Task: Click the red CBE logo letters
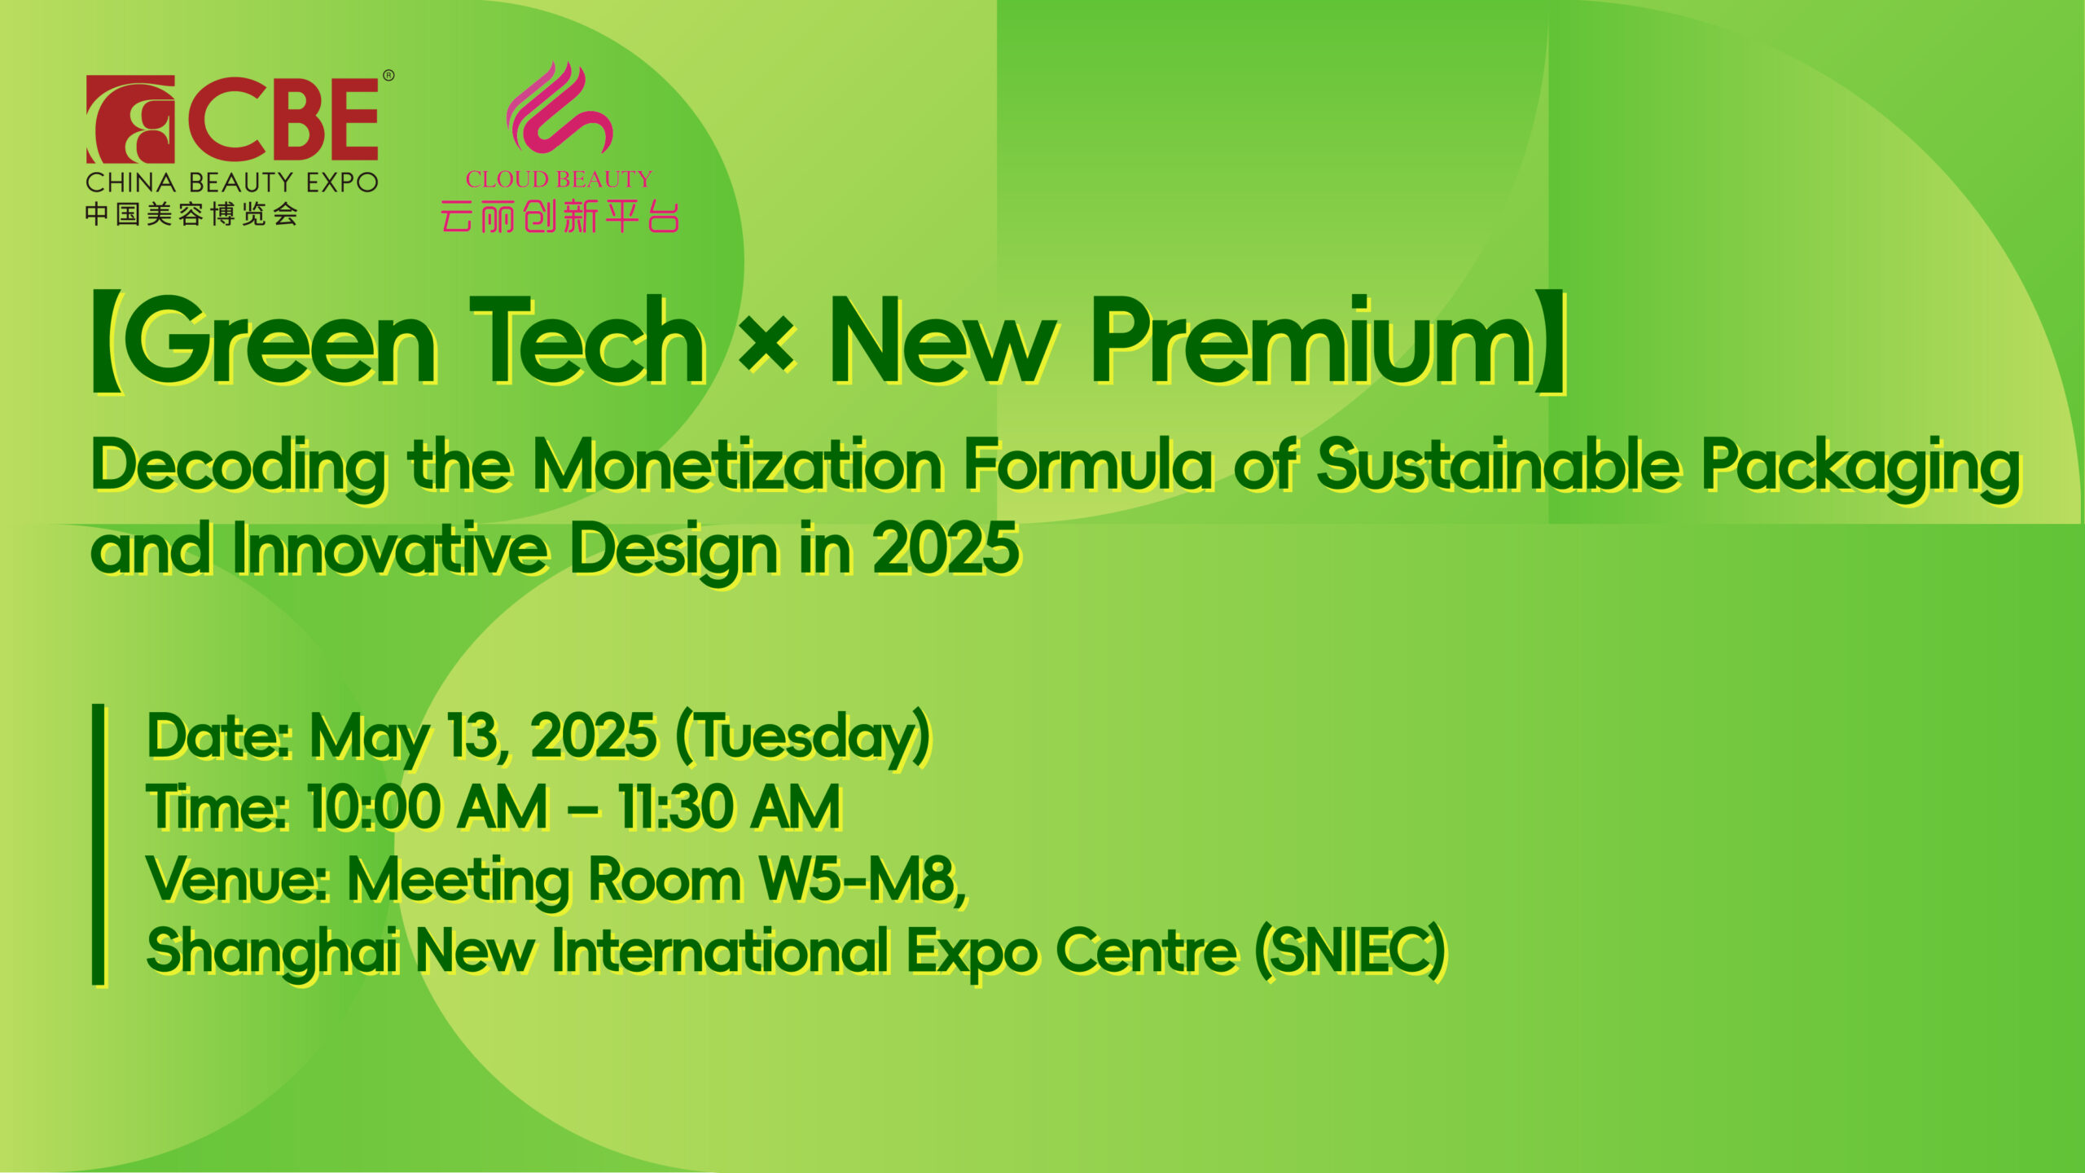click(283, 120)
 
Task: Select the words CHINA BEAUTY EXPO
click(232, 182)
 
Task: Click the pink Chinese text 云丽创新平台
click(560, 217)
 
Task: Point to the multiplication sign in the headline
click(766, 342)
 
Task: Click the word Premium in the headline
click(1314, 340)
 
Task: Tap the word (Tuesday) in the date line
click(803, 738)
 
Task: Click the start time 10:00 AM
click(428, 808)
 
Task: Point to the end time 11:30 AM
click(729, 808)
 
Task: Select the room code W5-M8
click(863, 880)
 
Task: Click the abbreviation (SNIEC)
click(1350, 951)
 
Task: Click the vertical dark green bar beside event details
click(99, 844)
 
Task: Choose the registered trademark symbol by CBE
click(388, 76)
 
